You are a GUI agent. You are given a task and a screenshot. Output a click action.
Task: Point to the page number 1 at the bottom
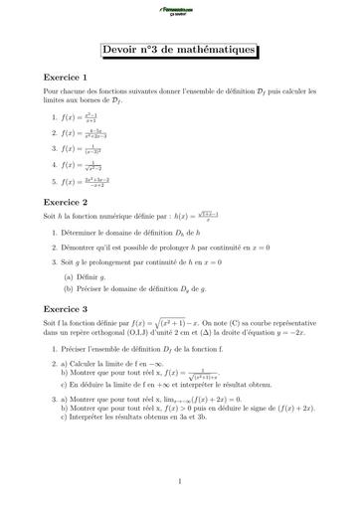click(179, 482)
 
